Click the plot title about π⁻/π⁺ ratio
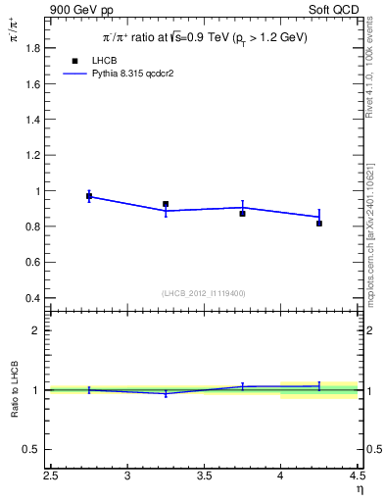pyautogui.click(x=206, y=38)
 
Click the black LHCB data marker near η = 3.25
pyautogui.click(x=166, y=204)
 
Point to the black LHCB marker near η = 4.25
pyautogui.click(x=319, y=224)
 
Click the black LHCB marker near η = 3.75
pyautogui.click(x=243, y=213)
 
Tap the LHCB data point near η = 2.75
pyautogui.click(x=89, y=196)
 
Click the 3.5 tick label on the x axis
pyautogui.click(x=204, y=477)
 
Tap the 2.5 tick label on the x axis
pyautogui.click(x=51, y=477)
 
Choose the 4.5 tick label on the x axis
pyautogui.click(x=357, y=477)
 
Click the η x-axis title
pyautogui.click(x=360, y=491)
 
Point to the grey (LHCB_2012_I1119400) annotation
pyautogui.click(x=204, y=293)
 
